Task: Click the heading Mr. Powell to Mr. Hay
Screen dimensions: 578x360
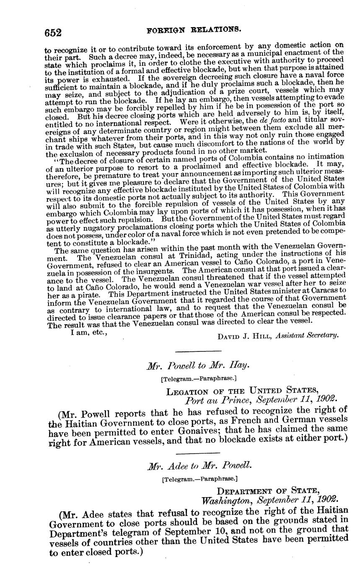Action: coord(198,366)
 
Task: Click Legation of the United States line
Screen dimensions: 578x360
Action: coord(239,392)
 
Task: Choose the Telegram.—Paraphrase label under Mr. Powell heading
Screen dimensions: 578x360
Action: coord(199,379)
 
